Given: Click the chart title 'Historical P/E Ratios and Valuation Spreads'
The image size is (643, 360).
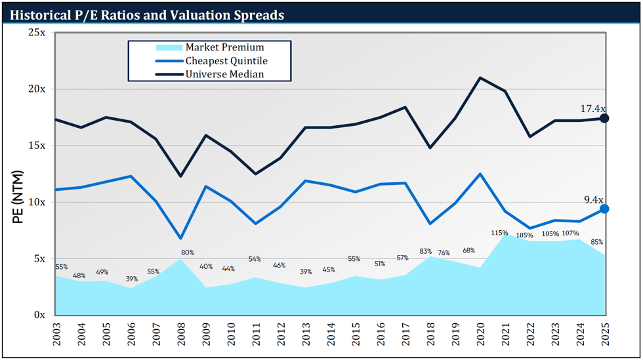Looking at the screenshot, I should (x=147, y=14).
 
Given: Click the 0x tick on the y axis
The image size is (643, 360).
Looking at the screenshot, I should (x=39, y=315).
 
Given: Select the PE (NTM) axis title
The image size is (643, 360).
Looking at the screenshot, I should (x=18, y=197).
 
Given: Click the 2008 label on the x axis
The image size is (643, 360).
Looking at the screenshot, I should (x=181, y=335).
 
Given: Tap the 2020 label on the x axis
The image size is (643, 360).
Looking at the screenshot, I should (x=480, y=335).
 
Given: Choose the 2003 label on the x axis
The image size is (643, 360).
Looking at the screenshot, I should (x=56, y=335).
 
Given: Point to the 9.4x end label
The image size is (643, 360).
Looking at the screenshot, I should (x=593, y=200).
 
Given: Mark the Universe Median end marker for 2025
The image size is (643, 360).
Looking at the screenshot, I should (x=604, y=118).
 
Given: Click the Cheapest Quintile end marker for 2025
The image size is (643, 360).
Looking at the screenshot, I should (x=604, y=209).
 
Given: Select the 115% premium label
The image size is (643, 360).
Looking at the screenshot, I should (x=499, y=233).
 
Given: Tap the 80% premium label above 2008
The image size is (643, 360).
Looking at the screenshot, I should (x=187, y=252).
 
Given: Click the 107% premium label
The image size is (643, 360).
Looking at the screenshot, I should (x=570, y=233).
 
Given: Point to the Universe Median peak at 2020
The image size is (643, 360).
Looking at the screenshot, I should (x=480, y=77).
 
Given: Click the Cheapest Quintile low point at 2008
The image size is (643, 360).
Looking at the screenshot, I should (x=181, y=238).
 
